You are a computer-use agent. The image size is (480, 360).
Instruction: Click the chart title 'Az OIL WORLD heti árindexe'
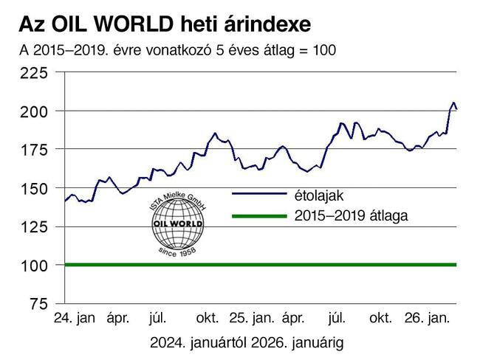[x=165, y=24]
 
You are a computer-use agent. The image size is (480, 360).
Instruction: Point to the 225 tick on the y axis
[x=34, y=73]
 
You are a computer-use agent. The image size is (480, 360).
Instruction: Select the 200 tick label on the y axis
[x=34, y=111]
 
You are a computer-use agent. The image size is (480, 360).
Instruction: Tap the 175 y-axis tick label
[x=34, y=150]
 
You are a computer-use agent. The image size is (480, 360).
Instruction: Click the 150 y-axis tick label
[x=34, y=188]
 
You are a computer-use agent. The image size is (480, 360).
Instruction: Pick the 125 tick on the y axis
[x=34, y=226]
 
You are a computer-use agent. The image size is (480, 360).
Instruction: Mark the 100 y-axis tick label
[x=34, y=265]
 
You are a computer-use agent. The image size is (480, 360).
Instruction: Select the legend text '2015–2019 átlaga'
[x=351, y=216]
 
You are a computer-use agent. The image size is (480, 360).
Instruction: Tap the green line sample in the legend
[x=258, y=216]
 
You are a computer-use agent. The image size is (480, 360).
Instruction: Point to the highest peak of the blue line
[x=453, y=103]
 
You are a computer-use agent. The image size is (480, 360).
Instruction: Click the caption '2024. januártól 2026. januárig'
[x=246, y=343]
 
